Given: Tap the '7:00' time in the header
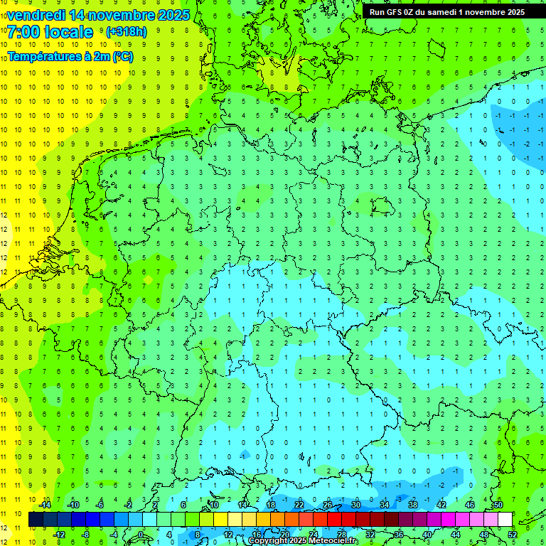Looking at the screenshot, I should click(23, 32).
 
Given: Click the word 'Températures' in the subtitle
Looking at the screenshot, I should click(43, 56).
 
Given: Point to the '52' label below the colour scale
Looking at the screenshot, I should click(513, 534).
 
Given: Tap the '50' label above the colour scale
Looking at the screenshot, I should click(498, 505).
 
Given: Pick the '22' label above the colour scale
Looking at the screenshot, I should click(299, 505).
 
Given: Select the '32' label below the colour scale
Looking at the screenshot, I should click(370, 534).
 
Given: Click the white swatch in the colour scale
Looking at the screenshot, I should click(505, 519).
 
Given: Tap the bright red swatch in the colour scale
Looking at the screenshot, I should click(335, 519).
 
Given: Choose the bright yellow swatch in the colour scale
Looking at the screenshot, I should click(221, 519).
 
